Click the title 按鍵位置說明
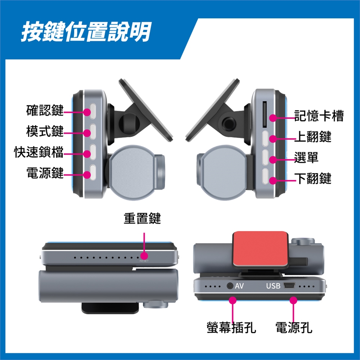[86, 31]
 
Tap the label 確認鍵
[45, 110]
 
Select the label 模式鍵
[45, 131]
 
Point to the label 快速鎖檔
[39, 152]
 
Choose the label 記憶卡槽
[319, 115]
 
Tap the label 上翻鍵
[313, 136]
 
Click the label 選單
[306, 157]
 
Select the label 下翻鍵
[313, 178]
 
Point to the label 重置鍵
[142, 218]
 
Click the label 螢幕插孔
[231, 327]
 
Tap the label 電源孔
[294, 327]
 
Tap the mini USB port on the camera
[289, 285]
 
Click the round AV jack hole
[230, 286]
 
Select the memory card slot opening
[264, 114]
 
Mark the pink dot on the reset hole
[144, 256]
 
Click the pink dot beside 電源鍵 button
[87, 175]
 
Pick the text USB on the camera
[273, 286]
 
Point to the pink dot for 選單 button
[273, 160]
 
